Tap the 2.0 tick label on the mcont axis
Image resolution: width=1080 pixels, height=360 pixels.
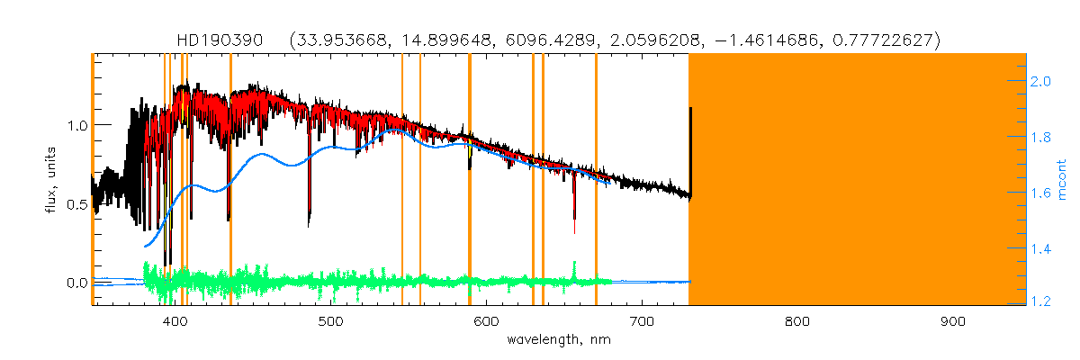click(x=1041, y=81)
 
